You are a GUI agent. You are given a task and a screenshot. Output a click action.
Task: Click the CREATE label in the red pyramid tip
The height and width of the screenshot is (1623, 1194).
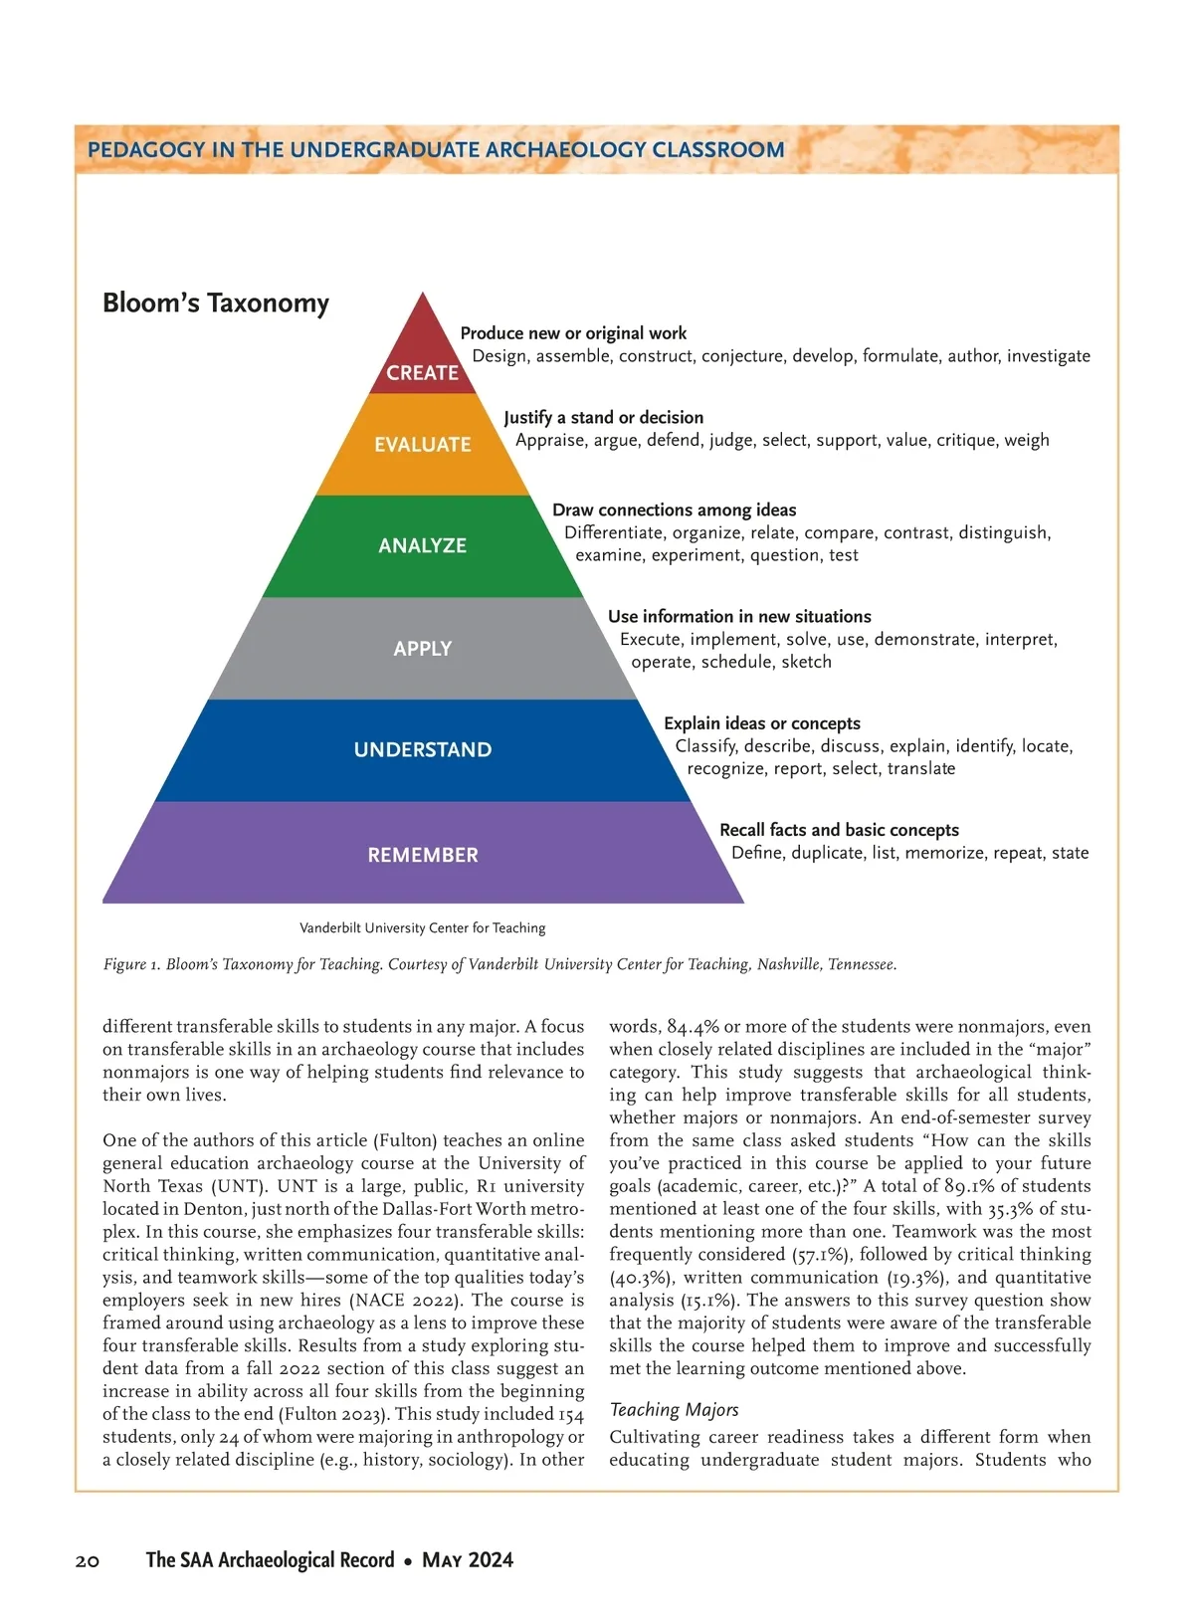[422, 373]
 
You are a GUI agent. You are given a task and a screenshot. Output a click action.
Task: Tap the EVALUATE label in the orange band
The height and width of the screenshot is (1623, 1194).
[422, 445]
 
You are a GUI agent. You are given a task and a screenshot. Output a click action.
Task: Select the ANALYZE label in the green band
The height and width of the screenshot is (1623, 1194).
[422, 546]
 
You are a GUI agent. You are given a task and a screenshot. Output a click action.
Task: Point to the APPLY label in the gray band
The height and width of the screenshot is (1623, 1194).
[422, 649]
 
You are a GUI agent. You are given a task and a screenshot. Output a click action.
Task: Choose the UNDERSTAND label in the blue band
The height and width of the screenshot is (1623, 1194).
[422, 750]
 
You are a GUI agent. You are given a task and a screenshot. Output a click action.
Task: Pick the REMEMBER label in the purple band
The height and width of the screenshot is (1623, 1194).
[422, 856]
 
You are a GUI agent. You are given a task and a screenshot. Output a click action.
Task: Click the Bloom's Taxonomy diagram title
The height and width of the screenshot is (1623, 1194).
[215, 304]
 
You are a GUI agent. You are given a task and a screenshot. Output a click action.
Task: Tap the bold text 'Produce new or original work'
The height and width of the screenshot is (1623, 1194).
[573, 333]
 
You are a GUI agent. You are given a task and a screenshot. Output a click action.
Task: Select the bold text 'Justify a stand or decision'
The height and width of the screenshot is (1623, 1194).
[603, 418]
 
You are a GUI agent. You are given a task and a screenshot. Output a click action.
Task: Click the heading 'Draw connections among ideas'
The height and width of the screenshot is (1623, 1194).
[674, 510]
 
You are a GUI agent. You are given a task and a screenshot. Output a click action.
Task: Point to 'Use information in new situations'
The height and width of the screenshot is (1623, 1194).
[739, 617]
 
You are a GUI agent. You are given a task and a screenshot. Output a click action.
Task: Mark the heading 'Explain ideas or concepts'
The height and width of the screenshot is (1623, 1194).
[761, 723]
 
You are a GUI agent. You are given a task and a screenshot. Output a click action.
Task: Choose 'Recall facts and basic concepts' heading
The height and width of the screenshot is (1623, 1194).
[839, 830]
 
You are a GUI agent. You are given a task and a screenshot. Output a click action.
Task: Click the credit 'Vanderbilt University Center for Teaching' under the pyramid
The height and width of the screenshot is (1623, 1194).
[422, 928]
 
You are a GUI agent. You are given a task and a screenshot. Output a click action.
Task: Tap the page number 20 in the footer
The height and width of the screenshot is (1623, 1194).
[88, 1561]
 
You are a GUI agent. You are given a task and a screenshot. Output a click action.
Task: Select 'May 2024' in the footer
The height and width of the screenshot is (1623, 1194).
[468, 1560]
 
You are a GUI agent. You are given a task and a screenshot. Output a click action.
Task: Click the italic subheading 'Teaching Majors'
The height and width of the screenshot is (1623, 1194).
[674, 1410]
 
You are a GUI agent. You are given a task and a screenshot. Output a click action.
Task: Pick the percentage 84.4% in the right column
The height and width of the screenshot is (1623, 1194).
[693, 1027]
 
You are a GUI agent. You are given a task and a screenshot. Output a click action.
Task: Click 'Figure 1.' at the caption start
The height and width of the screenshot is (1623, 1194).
[131, 964]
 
